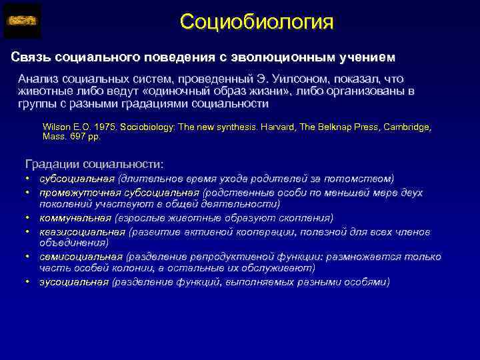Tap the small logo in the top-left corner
click(22, 21)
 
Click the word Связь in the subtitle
click(30, 54)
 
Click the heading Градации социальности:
click(93, 163)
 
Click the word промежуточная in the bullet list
click(76, 193)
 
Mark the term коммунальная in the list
click(75, 218)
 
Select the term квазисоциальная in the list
click(82, 232)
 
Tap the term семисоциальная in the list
click(80, 257)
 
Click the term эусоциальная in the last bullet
click(73, 282)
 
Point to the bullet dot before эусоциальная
click(29, 282)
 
